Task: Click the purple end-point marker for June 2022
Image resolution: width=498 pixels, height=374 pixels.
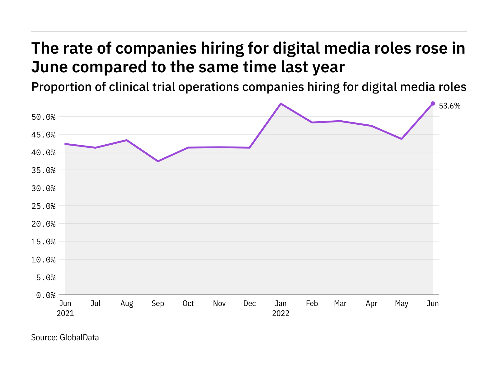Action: (x=433, y=103)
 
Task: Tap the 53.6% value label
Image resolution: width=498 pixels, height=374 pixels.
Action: (x=449, y=106)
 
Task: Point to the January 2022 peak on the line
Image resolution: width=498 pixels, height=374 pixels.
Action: (x=281, y=103)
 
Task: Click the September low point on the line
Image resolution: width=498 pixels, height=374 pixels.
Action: (x=158, y=161)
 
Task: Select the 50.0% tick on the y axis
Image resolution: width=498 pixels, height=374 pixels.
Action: (x=43, y=117)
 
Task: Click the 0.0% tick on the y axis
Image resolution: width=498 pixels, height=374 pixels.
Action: (x=46, y=295)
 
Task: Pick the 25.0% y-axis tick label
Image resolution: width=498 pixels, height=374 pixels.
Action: (x=43, y=206)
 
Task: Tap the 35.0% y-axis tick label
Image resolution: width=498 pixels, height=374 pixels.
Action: (x=43, y=170)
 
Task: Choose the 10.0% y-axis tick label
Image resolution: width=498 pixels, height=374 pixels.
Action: (x=43, y=260)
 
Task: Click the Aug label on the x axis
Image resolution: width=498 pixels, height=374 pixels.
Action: (x=127, y=304)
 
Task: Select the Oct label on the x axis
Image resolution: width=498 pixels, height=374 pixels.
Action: (x=188, y=304)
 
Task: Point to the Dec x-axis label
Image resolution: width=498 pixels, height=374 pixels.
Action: (x=250, y=304)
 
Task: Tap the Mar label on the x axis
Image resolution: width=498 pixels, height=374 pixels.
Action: (x=340, y=304)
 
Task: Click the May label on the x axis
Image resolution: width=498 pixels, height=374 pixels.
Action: (x=402, y=304)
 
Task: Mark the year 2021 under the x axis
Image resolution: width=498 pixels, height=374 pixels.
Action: (x=65, y=313)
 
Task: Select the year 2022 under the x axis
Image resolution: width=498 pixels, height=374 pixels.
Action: (x=281, y=313)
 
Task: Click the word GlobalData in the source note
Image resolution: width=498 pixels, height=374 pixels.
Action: (x=79, y=338)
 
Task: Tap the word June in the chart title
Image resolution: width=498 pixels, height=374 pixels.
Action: (x=50, y=67)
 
